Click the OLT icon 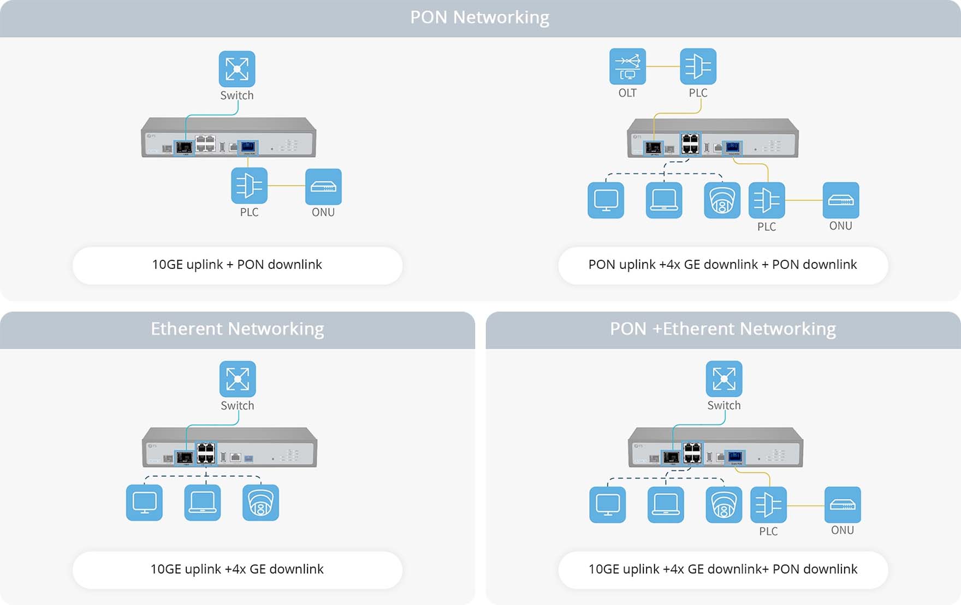[627, 67]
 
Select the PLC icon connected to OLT [698, 67]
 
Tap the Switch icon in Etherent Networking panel [238, 379]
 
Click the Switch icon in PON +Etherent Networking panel [723, 379]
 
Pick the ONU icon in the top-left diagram [323, 187]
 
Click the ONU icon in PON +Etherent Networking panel [842, 505]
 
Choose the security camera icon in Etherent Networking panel [260, 502]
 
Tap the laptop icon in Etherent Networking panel [203, 502]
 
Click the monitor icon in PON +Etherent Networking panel [608, 505]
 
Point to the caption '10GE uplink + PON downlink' [237, 265]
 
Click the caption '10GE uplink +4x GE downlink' [237, 569]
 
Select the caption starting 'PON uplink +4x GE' [722, 265]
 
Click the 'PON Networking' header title [479, 17]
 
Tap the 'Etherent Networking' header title [237, 329]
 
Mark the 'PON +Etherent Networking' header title [722, 329]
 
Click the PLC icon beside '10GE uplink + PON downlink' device [249, 185]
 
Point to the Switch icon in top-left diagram [237, 69]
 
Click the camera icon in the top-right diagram [722, 200]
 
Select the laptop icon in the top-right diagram [663, 200]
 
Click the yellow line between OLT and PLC [663, 67]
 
